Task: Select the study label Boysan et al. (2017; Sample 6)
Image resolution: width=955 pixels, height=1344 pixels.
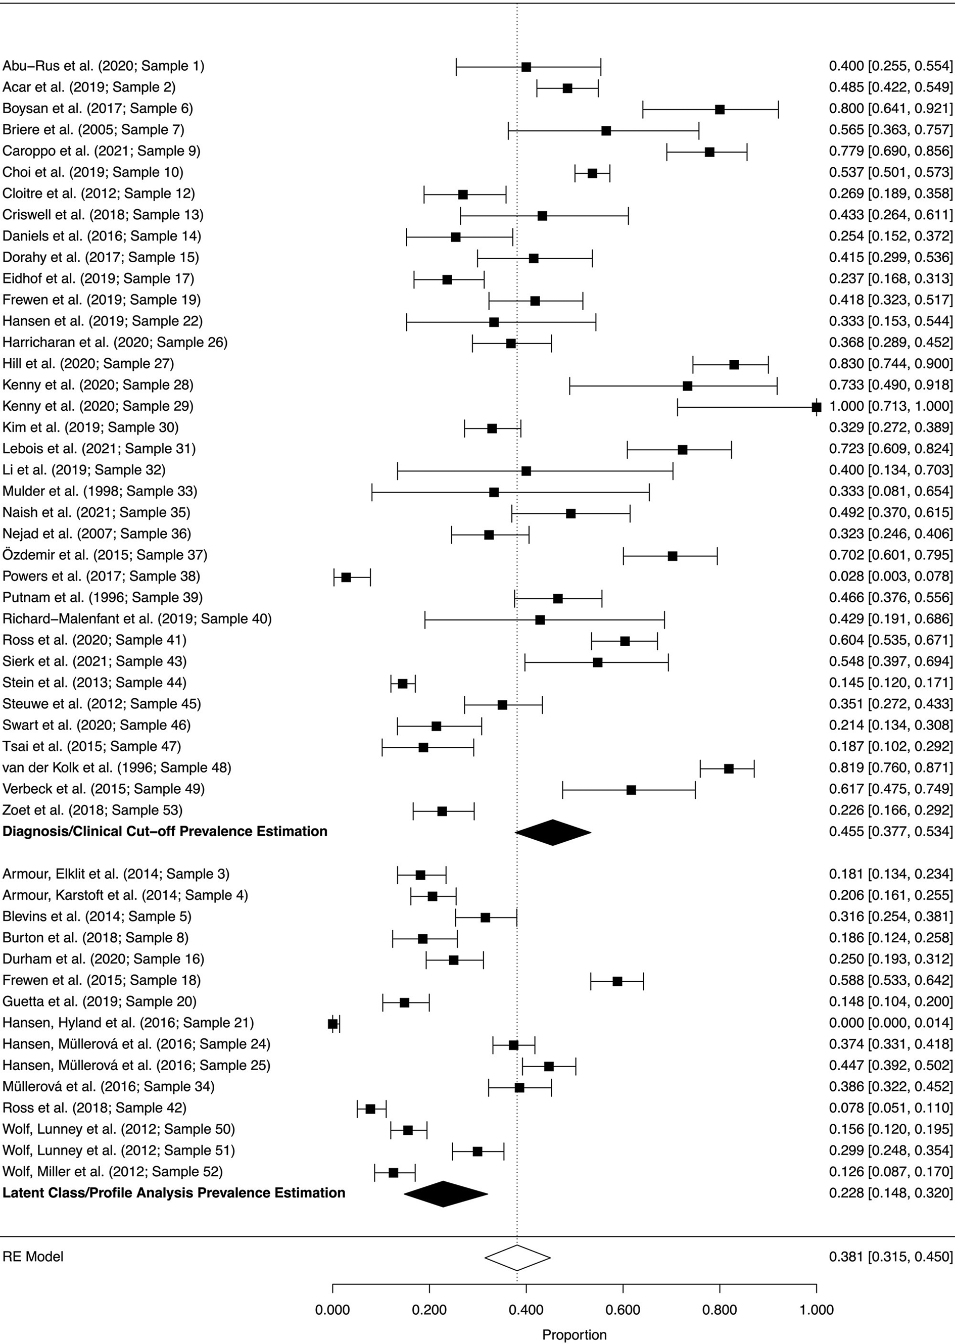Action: click(x=98, y=108)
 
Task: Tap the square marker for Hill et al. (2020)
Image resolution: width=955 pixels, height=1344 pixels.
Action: click(x=734, y=364)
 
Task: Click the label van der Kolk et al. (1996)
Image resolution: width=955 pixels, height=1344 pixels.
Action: click(x=116, y=767)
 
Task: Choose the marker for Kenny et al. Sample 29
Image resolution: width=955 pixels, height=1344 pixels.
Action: click(x=816, y=407)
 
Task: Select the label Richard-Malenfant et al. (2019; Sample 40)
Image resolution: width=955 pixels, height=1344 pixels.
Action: click(x=137, y=618)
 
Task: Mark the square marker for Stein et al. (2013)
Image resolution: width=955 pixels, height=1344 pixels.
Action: click(x=403, y=684)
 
